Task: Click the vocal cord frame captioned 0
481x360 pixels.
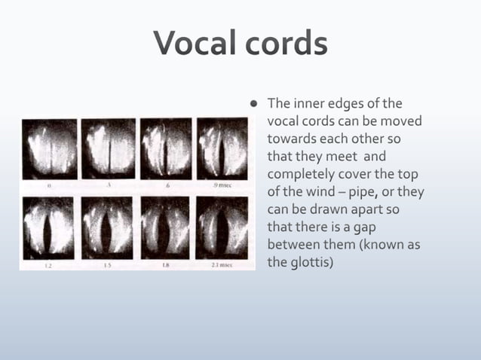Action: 49,148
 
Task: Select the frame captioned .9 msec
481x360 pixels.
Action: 222,148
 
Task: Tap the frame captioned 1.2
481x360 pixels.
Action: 49,227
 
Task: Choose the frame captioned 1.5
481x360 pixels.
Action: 106,227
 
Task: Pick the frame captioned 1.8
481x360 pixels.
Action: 164,227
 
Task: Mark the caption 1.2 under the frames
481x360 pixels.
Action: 47,265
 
